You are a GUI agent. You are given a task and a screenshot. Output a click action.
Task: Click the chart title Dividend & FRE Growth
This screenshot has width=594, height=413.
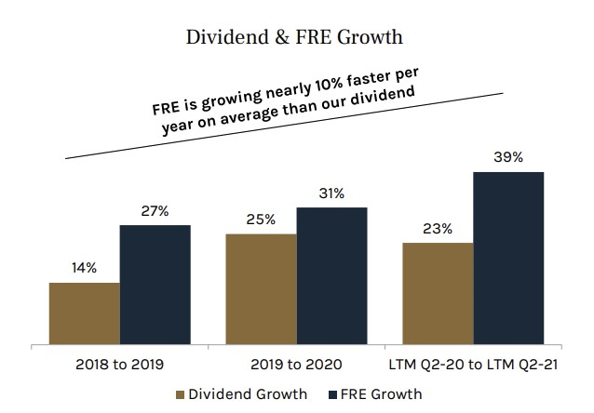point(297,39)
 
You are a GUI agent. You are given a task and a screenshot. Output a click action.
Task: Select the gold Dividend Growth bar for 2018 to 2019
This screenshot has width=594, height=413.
point(85,313)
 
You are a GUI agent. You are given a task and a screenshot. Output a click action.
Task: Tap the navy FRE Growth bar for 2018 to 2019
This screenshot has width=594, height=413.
point(155,284)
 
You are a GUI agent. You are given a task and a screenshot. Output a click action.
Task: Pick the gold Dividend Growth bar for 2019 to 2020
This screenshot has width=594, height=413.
point(261,288)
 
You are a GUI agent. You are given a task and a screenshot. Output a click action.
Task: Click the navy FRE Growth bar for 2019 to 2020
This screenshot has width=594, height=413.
point(331,275)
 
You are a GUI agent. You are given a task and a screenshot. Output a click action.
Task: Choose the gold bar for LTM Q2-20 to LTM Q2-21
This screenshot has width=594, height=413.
point(438,293)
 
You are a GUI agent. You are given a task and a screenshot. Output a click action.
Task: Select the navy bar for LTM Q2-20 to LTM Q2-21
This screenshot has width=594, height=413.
point(508,258)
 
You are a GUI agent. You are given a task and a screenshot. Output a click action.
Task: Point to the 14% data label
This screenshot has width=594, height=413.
point(85,269)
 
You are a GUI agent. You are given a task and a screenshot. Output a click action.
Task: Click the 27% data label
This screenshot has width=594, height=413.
point(155,211)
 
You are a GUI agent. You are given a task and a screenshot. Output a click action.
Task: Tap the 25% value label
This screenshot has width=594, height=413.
point(261,220)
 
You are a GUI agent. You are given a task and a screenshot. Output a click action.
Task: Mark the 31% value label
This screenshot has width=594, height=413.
point(331,193)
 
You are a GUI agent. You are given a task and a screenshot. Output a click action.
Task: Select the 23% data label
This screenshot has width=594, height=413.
point(438,229)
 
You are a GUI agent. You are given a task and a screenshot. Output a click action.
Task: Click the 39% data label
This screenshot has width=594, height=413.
point(508,157)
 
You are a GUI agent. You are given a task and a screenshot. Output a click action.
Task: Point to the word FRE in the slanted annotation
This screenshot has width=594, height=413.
point(168,104)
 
